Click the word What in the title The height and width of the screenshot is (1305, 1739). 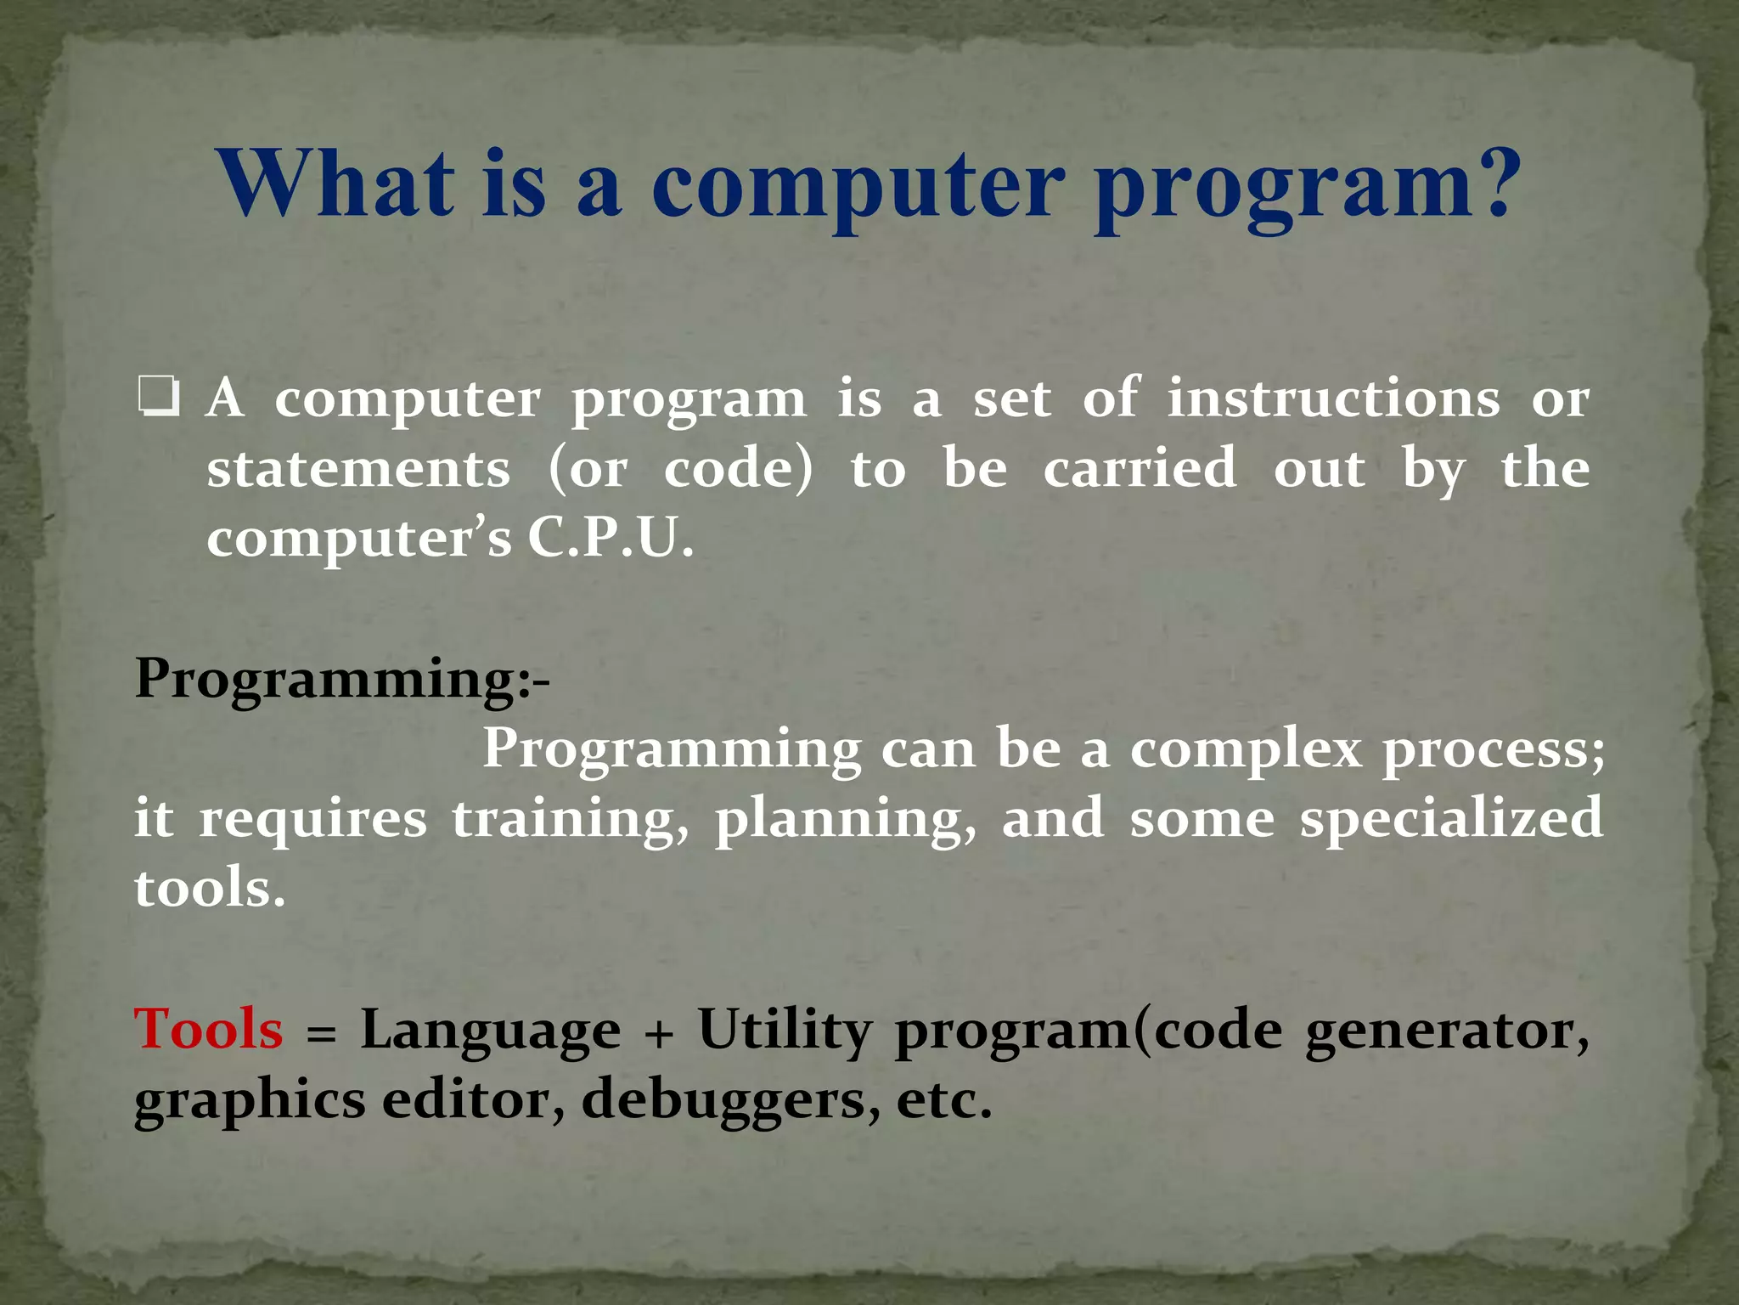coord(336,184)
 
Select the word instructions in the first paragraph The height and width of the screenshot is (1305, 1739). coord(1333,398)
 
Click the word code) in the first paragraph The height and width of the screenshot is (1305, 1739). coord(738,469)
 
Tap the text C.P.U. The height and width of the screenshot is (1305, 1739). coord(611,539)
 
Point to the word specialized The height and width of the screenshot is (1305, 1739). coord(1451,821)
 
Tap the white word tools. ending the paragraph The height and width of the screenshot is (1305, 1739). coord(209,888)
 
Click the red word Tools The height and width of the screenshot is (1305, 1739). coord(208,1030)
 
